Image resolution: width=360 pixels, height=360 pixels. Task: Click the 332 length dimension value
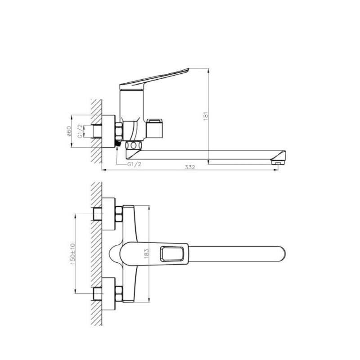190,167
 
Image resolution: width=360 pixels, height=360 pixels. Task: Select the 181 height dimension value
206,116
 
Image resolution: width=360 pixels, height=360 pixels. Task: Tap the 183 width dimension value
147,254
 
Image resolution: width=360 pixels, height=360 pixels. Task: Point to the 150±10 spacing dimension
73,254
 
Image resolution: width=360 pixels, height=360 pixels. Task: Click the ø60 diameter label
69,131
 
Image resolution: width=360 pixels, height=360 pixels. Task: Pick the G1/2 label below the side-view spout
134,164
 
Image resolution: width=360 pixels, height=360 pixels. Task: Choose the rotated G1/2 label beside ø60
80,131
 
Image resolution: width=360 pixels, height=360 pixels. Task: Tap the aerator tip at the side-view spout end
278,162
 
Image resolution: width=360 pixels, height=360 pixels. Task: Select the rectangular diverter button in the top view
172,254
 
